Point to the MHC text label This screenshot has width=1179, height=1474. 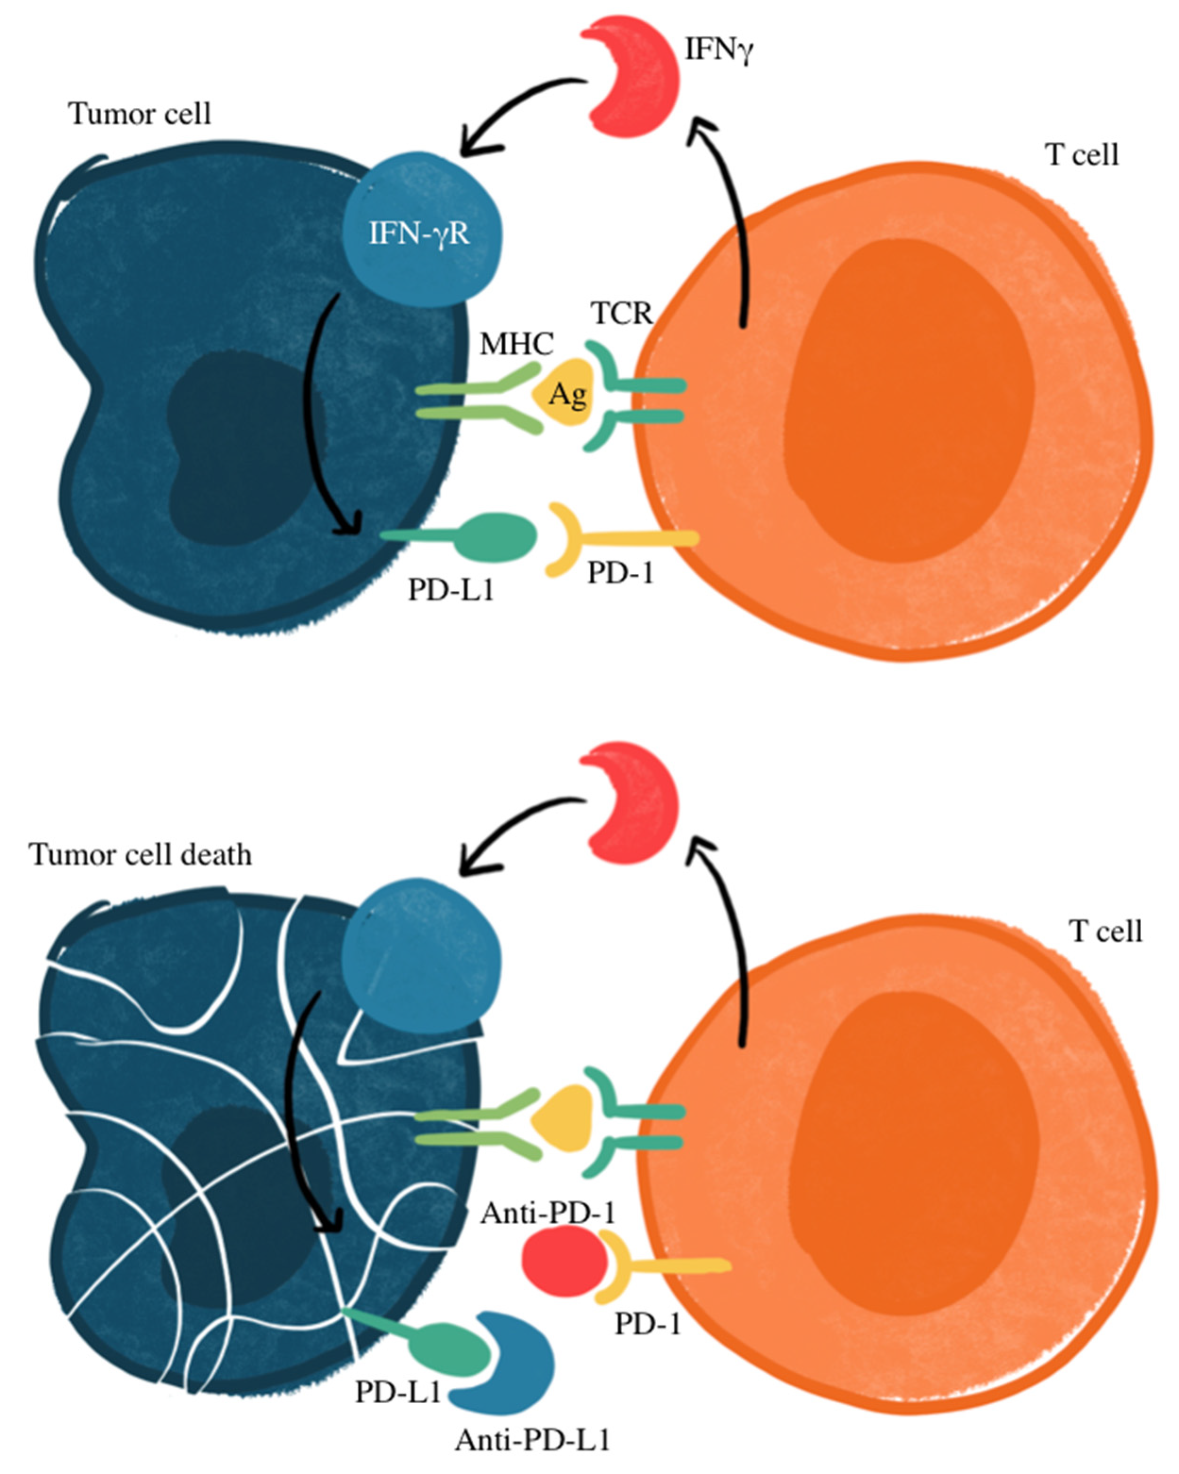[x=516, y=344]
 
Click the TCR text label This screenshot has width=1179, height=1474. [x=622, y=314]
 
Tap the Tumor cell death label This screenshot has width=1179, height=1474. [x=140, y=854]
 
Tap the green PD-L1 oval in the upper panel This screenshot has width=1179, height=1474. [x=502, y=538]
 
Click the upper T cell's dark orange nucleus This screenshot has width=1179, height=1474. [x=910, y=403]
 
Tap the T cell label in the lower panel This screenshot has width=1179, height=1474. [x=1105, y=931]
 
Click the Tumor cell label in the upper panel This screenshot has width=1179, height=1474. [x=140, y=114]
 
